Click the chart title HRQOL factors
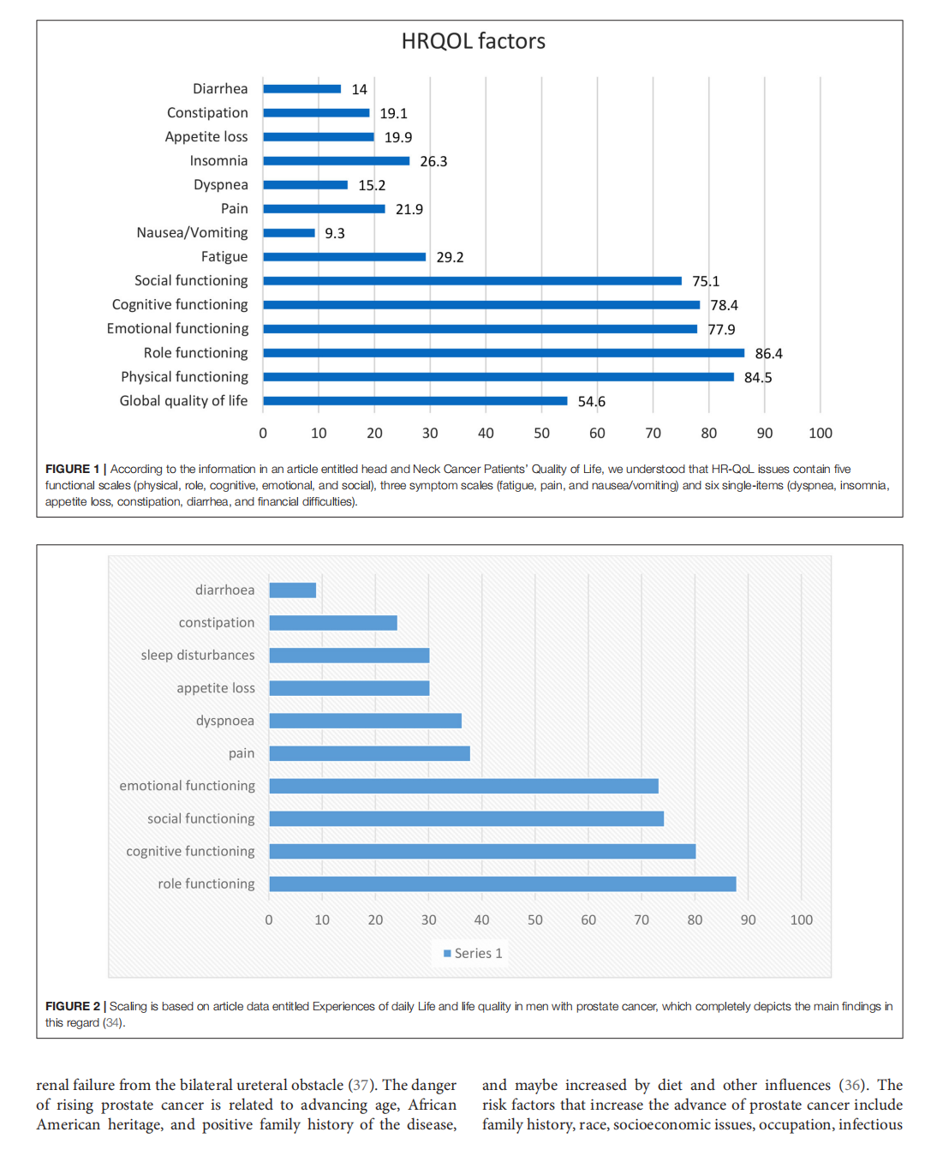[473, 41]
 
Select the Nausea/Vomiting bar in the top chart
[289, 233]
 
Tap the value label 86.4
[768, 354]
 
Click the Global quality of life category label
[183, 401]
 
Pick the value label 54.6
[591, 402]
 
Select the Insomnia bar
[336, 161]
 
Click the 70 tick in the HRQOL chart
[653, 434]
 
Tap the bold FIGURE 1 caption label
[72, 469]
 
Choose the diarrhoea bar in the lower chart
[292, 590]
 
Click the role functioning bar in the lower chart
[502, 883]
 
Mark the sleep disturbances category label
[198, 656]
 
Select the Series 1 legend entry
[473, 953]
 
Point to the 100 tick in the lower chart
[801, 920]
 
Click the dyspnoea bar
[365, 721]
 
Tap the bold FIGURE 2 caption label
[72, 1006]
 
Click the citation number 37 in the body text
[360, 1086]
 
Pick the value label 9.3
[335, 234]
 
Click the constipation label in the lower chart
[216, 623]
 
